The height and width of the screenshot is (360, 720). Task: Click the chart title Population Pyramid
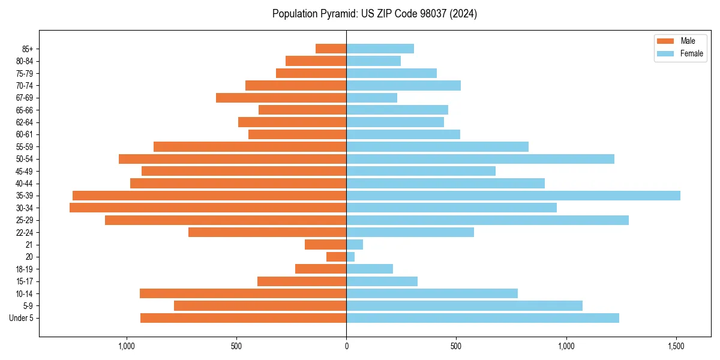[x=374, y=14]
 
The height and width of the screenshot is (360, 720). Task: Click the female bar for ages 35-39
[x=513, y=196]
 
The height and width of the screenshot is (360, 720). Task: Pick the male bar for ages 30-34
[x=208, y=208]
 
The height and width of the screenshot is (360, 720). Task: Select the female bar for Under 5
[x=482, y=318]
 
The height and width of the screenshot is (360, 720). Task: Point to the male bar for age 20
[x=336, y=257]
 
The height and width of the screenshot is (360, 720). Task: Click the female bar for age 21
[x=355, y=244]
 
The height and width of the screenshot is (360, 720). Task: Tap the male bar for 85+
[x=331, y=49]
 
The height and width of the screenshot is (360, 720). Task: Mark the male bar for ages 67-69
[x=281, y=98]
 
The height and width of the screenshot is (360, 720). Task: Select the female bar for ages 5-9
[x=464, y=305]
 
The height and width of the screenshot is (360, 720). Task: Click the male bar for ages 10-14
[x=243, y=293]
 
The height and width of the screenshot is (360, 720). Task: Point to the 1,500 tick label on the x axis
[x=676, y=347]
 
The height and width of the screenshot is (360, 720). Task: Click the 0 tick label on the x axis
[x=346, y=347]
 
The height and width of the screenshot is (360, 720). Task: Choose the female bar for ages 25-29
[x=487, y=220]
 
